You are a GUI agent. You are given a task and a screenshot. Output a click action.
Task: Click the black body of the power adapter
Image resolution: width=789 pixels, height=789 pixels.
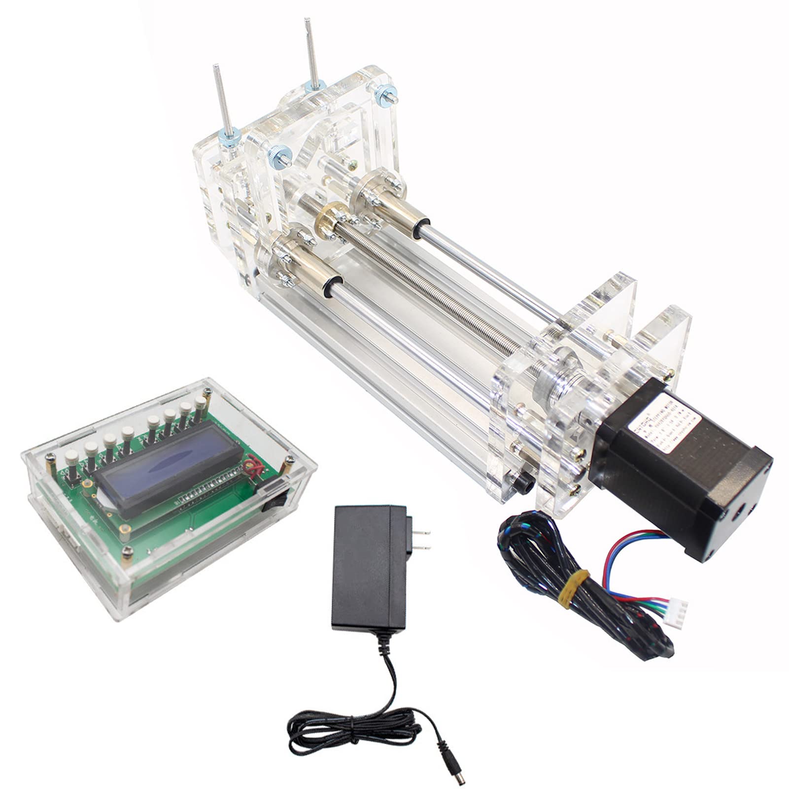[365, 567]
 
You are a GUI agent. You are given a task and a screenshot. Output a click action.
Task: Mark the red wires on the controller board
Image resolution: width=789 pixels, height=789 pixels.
[254, 466]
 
